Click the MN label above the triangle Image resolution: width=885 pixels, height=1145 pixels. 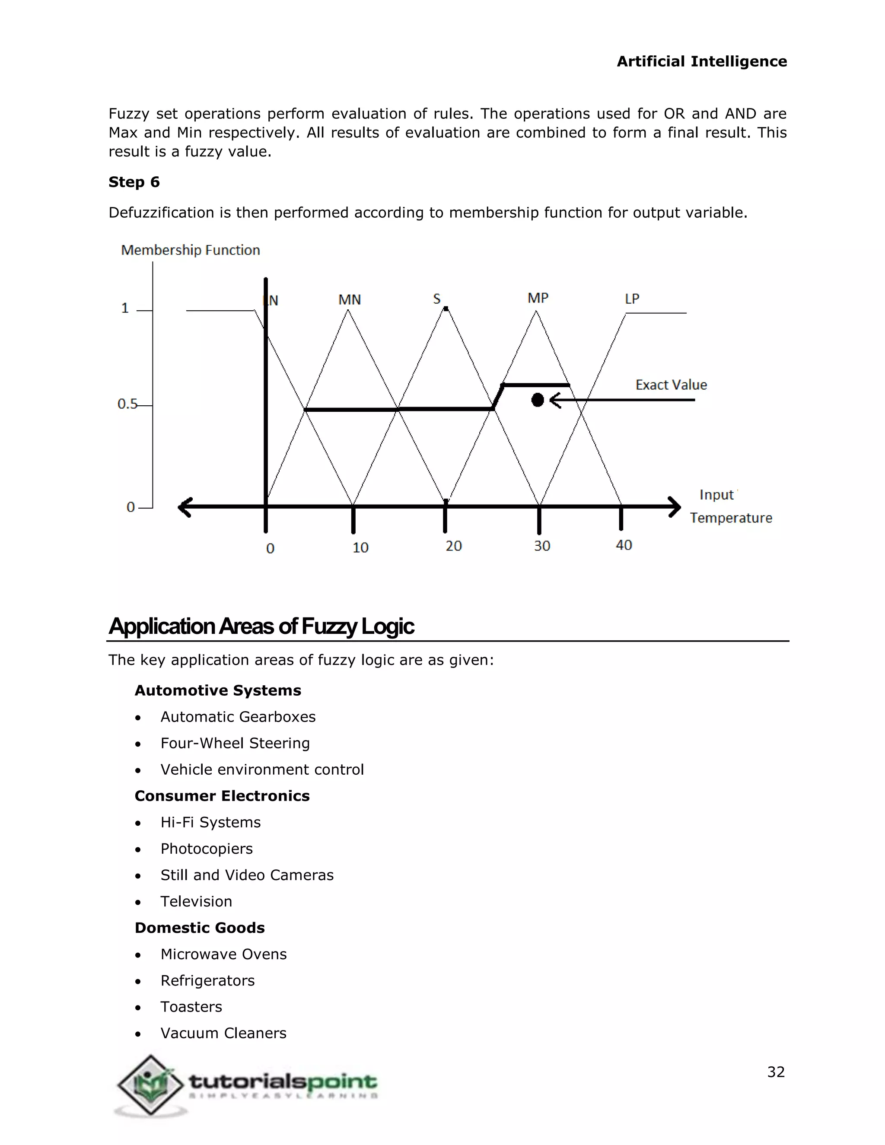pyautogui.click(x=350, y=299)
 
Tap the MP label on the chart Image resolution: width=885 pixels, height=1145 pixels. pyautogui.click(x=538, y=298)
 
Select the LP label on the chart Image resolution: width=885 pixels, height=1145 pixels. pyautogui.click(x=632, y=299)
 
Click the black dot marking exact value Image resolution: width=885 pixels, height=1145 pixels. pyautogui.click(x=538, y=400)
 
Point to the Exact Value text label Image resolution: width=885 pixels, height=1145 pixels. pyautogui.click(x=671, y=385)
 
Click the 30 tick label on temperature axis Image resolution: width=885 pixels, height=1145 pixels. pyautogui.click(x=542, y=546)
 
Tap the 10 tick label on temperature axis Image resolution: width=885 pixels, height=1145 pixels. pyautogui.click(x=360, y=547)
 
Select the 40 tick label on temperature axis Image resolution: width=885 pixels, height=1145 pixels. pyautogui.click(x=624, y=545)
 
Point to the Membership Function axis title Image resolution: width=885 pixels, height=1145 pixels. pyautogui.click(x=190, y=250)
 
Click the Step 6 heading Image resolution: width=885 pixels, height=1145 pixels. pyautogui.click(x=134, y=182)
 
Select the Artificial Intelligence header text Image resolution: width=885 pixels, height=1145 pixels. pyautogui.click(x=701, y=61)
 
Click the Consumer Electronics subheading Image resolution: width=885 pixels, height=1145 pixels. pyautogui.click(x=222, y=796)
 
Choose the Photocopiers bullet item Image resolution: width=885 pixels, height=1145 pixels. pyautogui.click(x=207, y=848)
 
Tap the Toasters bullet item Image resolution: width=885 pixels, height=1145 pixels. pyautogui.click(x=191, y=1007)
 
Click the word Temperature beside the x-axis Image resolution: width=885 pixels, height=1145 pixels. pyautogui.click(x=731, y=518)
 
